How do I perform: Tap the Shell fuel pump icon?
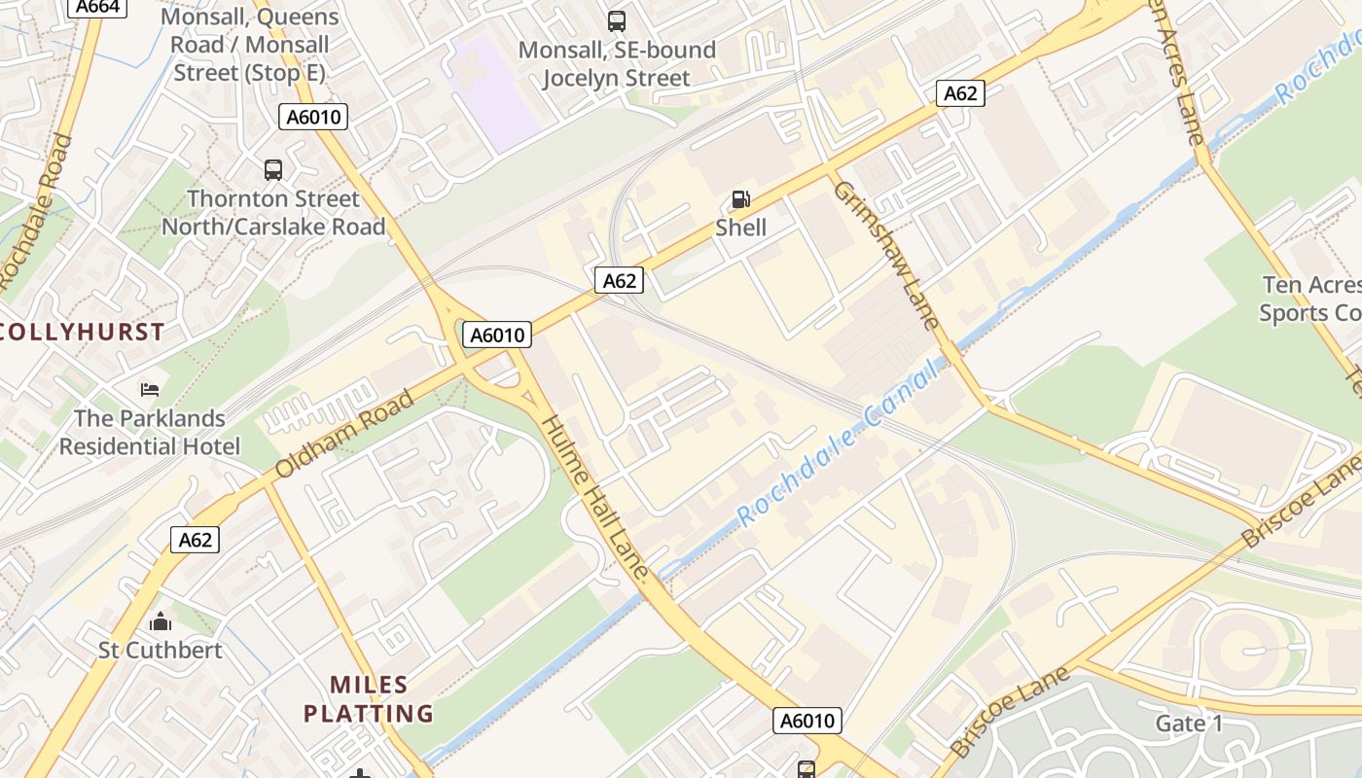(x=741, y=200)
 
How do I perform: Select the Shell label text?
(x=741, y=228)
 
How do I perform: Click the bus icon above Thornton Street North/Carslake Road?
(x=273, y=170)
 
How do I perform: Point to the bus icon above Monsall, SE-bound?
(x=617, y=20)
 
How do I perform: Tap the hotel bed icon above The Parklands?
(x=150, y=390)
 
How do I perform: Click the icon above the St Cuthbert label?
(x=161, y=621)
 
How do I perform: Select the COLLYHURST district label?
(x=83, y=332)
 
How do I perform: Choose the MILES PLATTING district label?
(x=369, y=699)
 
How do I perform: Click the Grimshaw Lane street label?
(x=886, y=256)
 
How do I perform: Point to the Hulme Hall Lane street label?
(x=594, y=499)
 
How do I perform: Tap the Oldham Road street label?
(x=344, y=434)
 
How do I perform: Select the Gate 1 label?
(x=1189, y=724)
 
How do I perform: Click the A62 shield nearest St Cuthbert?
(x=195, y=540)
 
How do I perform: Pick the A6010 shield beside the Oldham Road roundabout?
(x=497, y=336)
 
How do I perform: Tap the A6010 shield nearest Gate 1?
(x=807, y=721)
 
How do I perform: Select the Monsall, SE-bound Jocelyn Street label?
(x=617, y=64)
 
